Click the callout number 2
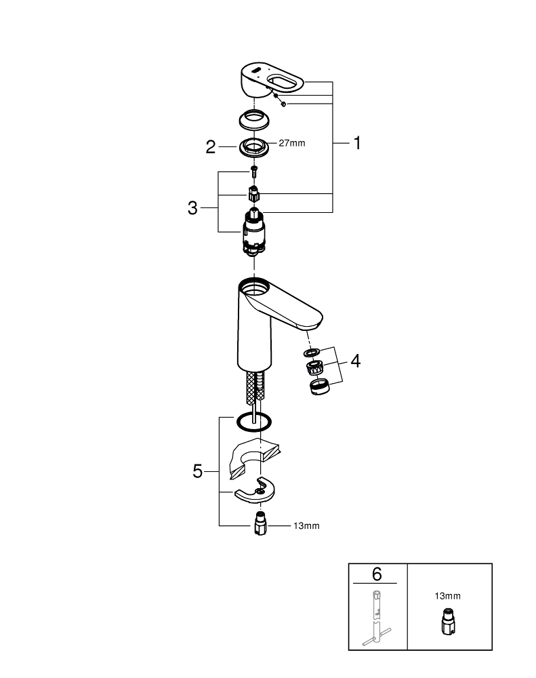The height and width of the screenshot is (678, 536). pyautogui.click(x=211, y=146)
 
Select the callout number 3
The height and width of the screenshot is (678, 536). pyautogui.click(x=192, y=208)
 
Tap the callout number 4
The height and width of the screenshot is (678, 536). pyautogui.click(x=354, y=361)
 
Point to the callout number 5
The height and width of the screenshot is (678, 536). pyautogui.click(x=197, y=471)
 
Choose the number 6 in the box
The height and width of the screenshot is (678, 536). pyautogui.click(x=377, y=575)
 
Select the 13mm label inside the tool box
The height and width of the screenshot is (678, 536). pyautogui.click(x=448, y=596)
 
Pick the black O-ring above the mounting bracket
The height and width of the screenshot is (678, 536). pyautogui.click(x=253, y=422)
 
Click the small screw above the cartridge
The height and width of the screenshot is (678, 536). pyautogui.click(x=254, y=170)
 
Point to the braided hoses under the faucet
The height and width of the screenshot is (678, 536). pyautogui.click(x=254, y=391)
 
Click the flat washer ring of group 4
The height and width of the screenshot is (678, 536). pyautogui.click(x=312, y=353)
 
